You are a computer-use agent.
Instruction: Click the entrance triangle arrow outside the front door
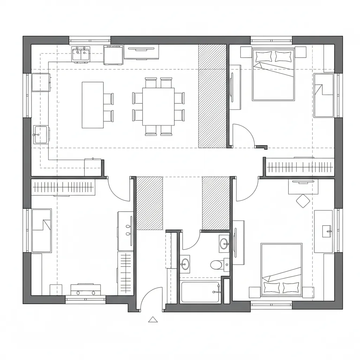click(153, 319)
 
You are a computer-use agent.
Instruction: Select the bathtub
click(200, 291)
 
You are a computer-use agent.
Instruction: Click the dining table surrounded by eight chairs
click(158, 107)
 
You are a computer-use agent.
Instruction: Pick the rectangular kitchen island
click(92, 105)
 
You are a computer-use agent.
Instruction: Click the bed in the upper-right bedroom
click(273, 75)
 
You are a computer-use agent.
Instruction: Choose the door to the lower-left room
click(120, 190)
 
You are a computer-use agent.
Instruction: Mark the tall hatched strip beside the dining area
click(212, 96)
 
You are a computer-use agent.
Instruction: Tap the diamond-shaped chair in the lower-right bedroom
click(303, 201)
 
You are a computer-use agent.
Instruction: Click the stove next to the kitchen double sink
click(113, 55)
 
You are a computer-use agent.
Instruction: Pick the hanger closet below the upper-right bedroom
click(299, 166)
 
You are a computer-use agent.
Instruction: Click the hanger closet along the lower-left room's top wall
click(63, 187)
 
